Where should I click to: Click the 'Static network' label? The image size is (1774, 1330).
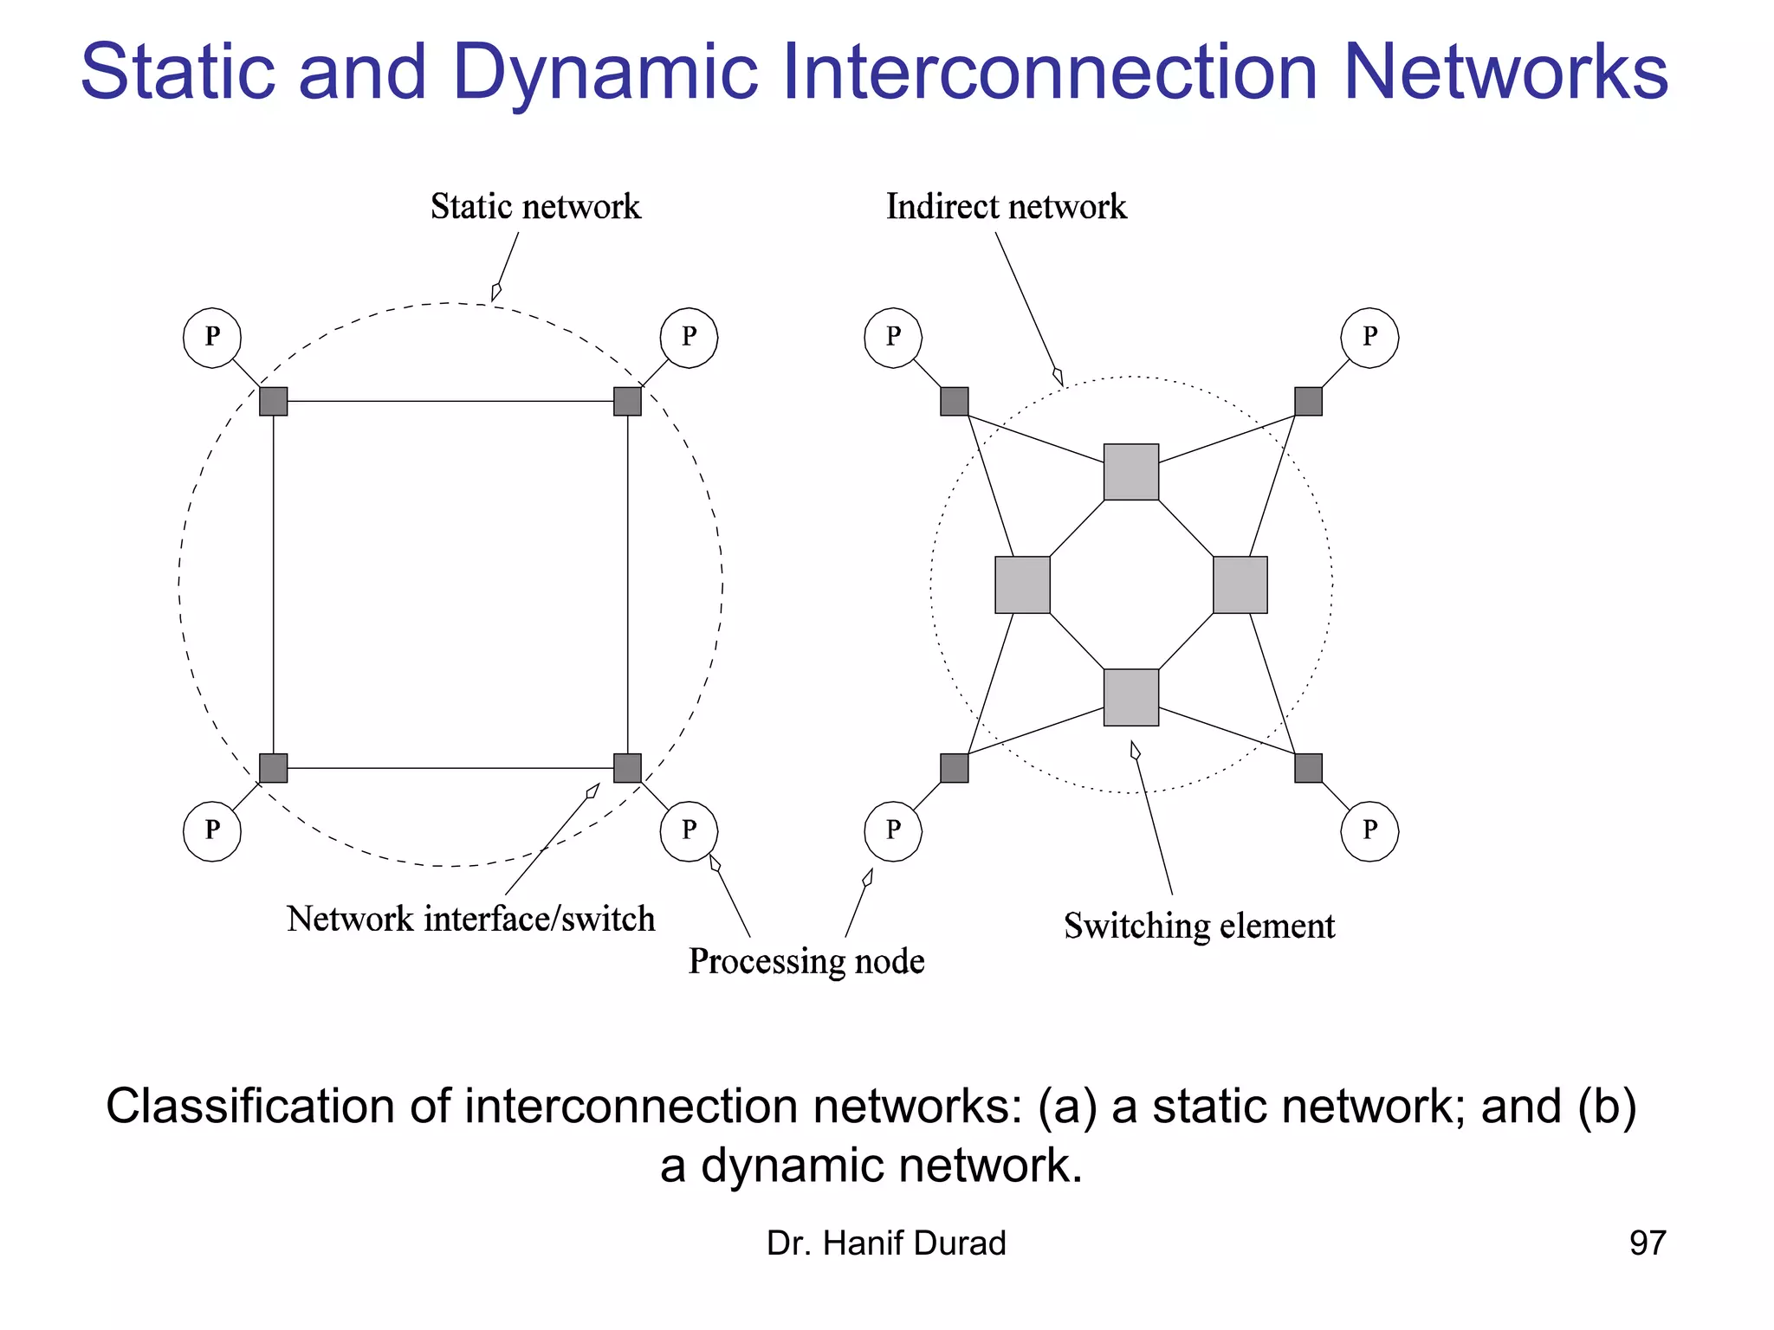[x=535, y=207]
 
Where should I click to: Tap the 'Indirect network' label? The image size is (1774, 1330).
[x=1006, y=207]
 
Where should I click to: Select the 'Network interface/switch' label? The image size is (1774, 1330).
[x=470, y=919]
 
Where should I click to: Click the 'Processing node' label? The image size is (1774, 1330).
[x=806, y=961]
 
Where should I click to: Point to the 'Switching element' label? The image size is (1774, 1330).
[x=1199, y=926]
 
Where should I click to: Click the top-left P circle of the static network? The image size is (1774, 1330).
[x=212, y=338]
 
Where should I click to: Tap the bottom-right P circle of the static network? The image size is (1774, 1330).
[x=689, y=831]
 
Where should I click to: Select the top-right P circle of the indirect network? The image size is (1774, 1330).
[x=1369, y=338]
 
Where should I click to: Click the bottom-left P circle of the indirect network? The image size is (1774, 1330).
[x=893, y=831]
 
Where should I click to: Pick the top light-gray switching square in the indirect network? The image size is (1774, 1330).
[x=1131, y=472]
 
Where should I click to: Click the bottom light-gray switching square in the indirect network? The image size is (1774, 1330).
[x=1131, y=697]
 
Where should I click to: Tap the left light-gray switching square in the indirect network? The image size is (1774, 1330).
[x=1022, y=585]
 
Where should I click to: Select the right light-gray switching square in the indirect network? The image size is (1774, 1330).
[x=1240, y=585]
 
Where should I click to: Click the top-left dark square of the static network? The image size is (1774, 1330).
[x=274, y=401]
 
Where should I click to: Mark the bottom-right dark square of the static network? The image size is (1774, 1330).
[x=627, y=768]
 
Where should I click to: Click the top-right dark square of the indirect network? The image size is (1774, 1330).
[x=1308, y=401]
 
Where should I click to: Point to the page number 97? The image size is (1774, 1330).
[x=1647, y=1243]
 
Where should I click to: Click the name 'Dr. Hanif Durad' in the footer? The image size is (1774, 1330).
[x=886, y=1243]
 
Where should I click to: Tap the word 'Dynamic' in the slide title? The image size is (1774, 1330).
[x=605, y=73]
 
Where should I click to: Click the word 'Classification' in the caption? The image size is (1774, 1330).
[x=249, y=1107]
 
